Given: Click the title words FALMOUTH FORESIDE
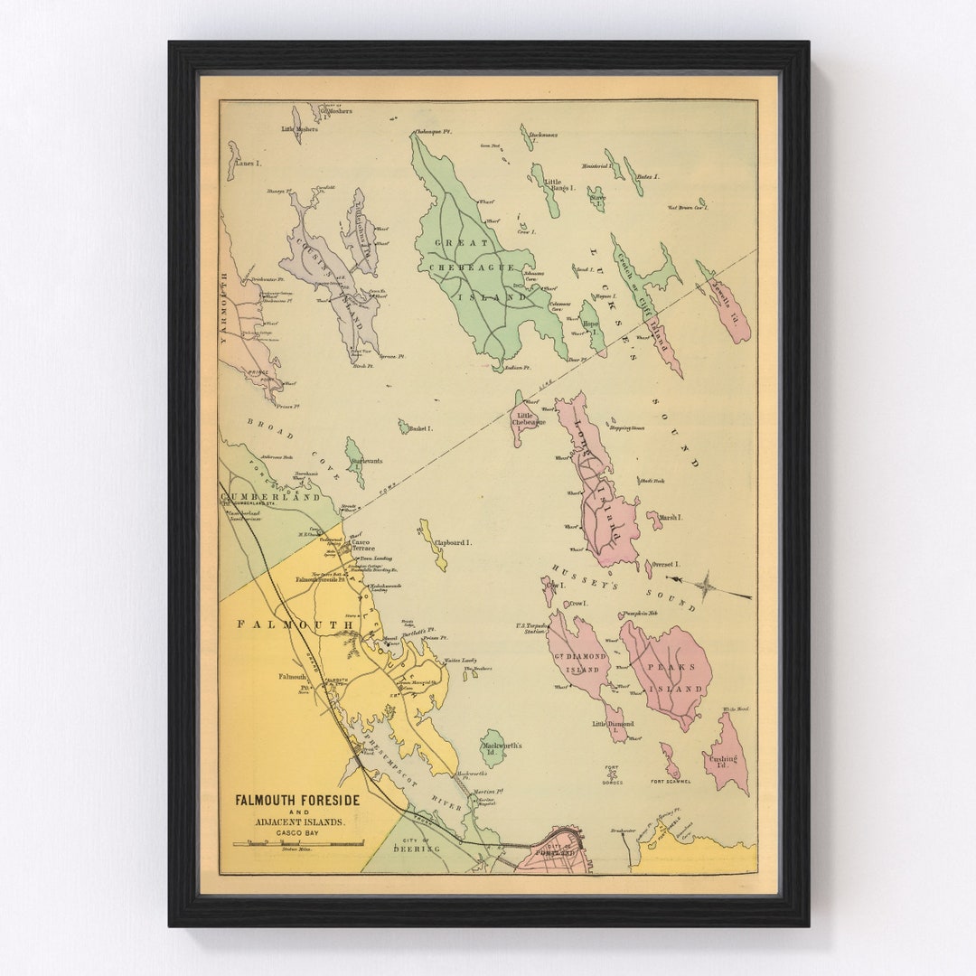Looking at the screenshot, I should tap(297, 800).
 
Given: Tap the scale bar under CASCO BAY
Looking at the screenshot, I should tap(298, 844).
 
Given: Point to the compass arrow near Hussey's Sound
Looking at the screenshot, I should tap(710, 587).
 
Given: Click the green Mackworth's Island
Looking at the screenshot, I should tap(493, 747).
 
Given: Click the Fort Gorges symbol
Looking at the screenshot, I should tap(613, 774).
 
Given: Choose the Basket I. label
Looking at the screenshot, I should tap(418, 428).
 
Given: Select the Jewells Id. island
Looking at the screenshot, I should tap(727, 305).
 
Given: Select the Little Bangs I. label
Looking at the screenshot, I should tap(558, 185).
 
